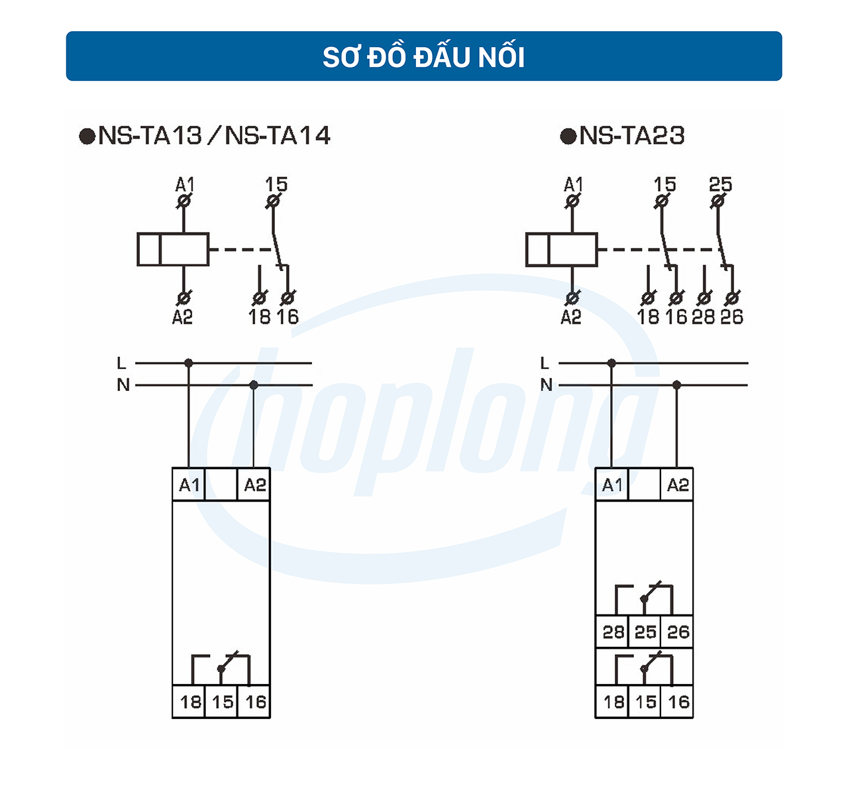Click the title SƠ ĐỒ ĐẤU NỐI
click(424, 57)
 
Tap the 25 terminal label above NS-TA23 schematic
click(720, 184)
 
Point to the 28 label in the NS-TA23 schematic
click(703, 317)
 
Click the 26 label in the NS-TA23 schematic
click(731, 317)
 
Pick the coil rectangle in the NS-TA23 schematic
click(561, 250)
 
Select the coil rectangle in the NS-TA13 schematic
click(173, 250)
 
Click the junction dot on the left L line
click(189, 363)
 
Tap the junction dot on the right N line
click(676, 385)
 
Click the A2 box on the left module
click(254, 485)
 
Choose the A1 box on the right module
click(612, 485)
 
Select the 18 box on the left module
click(190, 702)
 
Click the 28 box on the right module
click(613, 632)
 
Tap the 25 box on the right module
click(645, 632)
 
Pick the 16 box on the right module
click(678, 702)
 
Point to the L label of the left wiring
click(121, 363)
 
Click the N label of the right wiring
click(546, 385)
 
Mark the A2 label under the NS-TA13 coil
click(182, 317)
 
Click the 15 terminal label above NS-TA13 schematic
click(276, 184)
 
